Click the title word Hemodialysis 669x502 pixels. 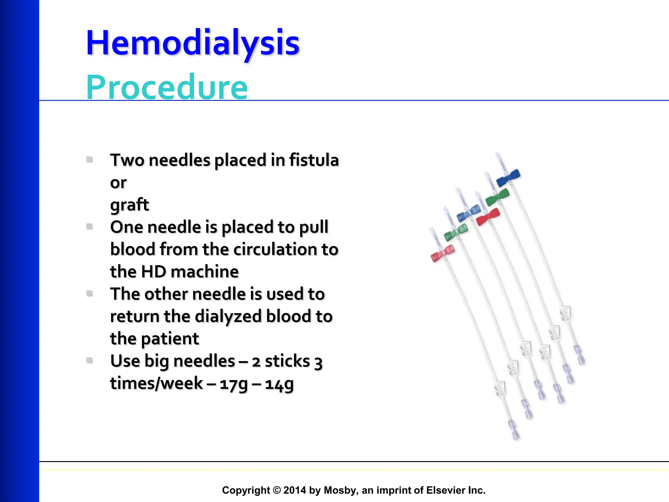[x=193, y=43]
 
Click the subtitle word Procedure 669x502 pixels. [x=167, y=87]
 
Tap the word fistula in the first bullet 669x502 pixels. [x=314, y=160]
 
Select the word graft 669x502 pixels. [x=129, y=205]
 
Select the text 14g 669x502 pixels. [x=279, y=383]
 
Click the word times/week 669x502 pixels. [x=156, y=383]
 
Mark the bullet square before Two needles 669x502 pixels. [x=90, y=159]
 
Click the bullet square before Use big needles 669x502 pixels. [x=90, y=360]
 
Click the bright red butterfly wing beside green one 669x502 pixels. [x=488, y=217]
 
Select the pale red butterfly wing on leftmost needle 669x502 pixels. [x=443, y=253]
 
